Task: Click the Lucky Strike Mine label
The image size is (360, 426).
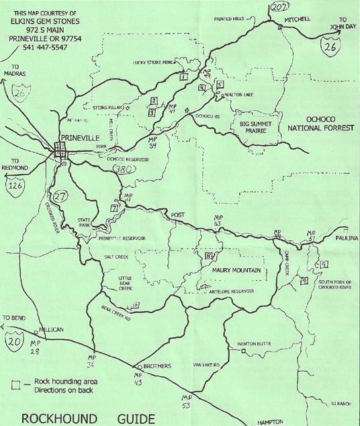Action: tap(154, 62)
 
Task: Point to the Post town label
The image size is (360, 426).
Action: tap(177, 215)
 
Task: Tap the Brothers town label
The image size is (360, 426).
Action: tap(157, 366)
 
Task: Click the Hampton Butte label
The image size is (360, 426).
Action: tap(253, 344)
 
